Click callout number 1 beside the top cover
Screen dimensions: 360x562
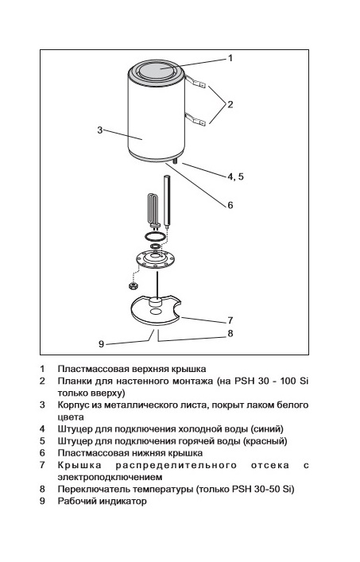point(230,58)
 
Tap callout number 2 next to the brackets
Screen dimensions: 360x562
point(230,104)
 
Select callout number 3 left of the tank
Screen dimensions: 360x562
point(100,130)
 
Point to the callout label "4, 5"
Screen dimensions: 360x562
point(236,176)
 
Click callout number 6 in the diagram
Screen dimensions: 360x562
point(230,205)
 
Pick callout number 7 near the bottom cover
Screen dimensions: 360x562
point(230,320)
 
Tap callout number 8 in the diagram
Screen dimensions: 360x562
point(230,333)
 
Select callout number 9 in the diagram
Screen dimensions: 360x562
point(102,344)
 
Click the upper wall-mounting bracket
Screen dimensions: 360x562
point(195,82)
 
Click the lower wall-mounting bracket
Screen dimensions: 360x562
point(195,119)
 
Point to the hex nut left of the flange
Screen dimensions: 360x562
point(134,285)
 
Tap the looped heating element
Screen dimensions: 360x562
point(153,211)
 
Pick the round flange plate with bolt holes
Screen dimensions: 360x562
point(157,259)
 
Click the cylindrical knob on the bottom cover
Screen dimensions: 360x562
point(156,301)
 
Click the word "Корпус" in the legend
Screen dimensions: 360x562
point(73,405)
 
